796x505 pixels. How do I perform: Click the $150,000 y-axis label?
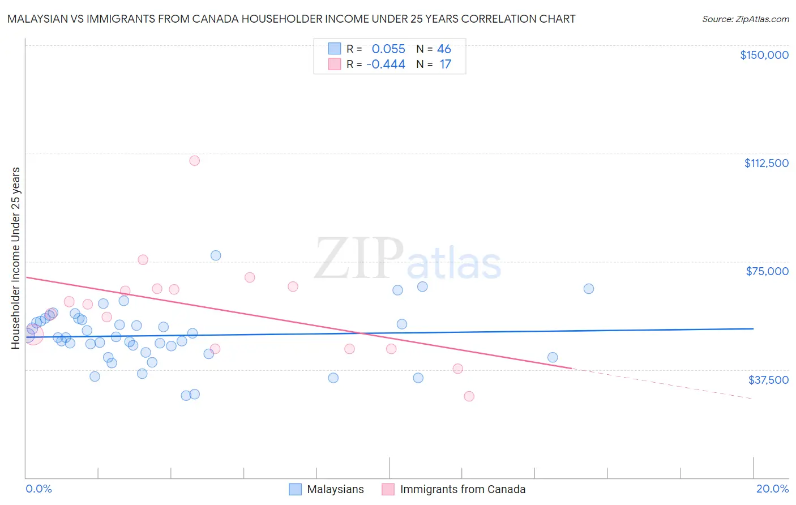[764, 55]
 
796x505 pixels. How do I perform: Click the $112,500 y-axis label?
[766, 163]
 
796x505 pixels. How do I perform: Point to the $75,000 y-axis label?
[767, 271]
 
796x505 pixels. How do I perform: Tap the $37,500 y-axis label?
[768, 380]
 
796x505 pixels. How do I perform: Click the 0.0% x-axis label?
[38, 489]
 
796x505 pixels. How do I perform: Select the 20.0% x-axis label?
[772, 489]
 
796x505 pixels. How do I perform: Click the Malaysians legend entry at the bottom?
[335, 489]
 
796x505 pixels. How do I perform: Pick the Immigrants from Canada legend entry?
[463, 489]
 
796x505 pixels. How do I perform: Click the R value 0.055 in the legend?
[388, 49]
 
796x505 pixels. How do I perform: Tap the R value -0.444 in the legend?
[386, 65]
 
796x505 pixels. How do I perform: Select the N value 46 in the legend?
[444, 49]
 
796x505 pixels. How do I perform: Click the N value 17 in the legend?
[446, 65]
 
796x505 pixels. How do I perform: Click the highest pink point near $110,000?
[194, 160]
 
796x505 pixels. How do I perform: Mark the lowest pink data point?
[469, 396]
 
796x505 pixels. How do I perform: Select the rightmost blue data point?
[589, 289]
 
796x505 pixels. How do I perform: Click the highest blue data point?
[216, 255]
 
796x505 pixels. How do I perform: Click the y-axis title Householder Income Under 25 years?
[15, 258]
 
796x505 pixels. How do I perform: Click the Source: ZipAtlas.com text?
[745, 19]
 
